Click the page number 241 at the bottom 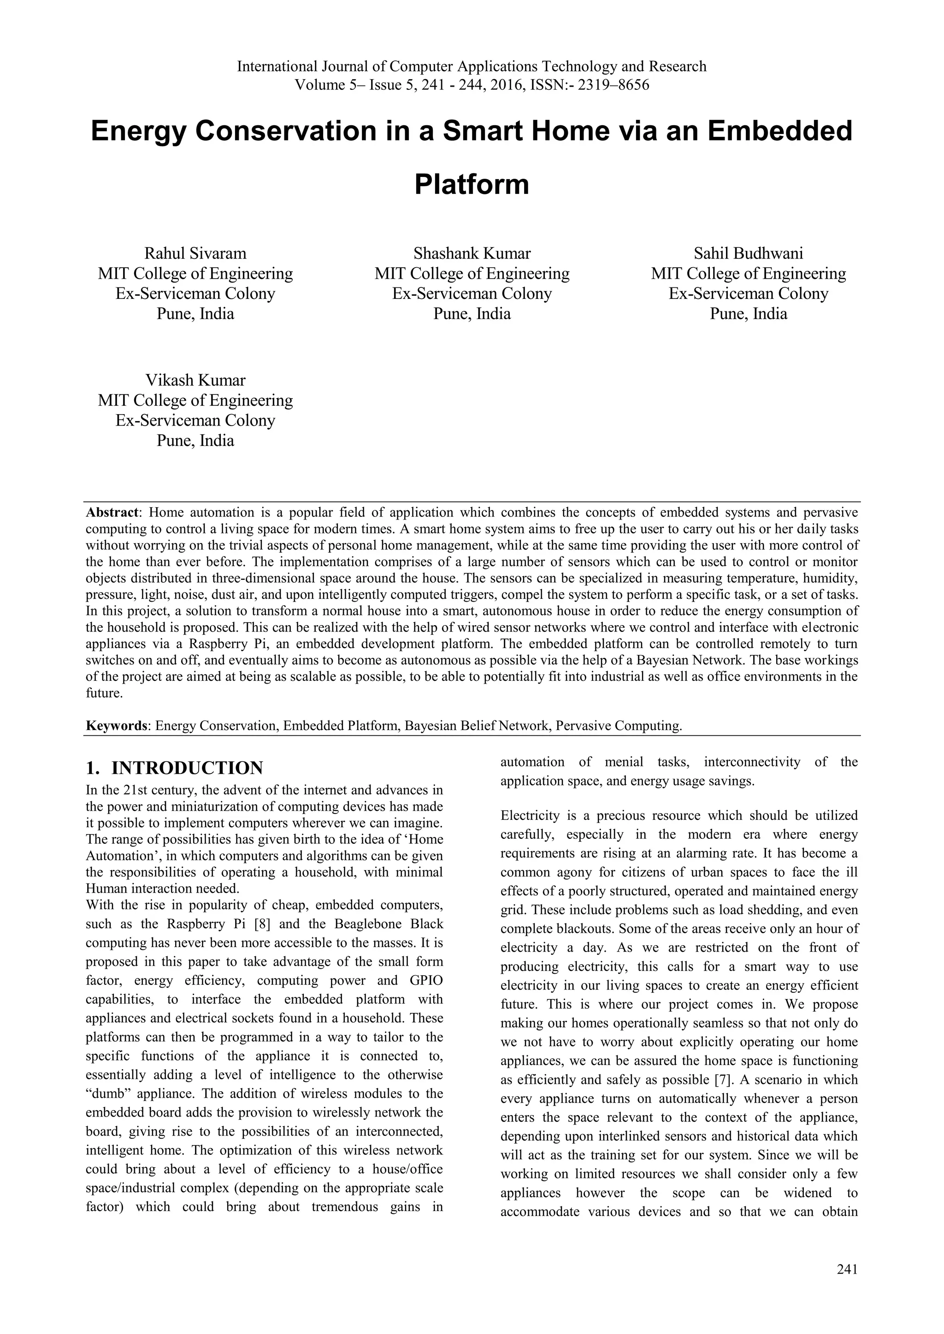click(x=847, y=1269)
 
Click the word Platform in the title click(x=472, y=185)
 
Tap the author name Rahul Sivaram click(x=195, y=253)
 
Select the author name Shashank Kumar click(x=472, y=253)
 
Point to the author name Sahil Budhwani click(x=748, y=253)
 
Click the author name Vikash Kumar click(x=195, y=380)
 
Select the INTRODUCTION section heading click(x=187, y=767)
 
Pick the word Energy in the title click(x=138, y=131)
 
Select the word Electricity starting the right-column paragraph click(x=529, y=816)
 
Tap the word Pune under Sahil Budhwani click(x=728, y=314)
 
